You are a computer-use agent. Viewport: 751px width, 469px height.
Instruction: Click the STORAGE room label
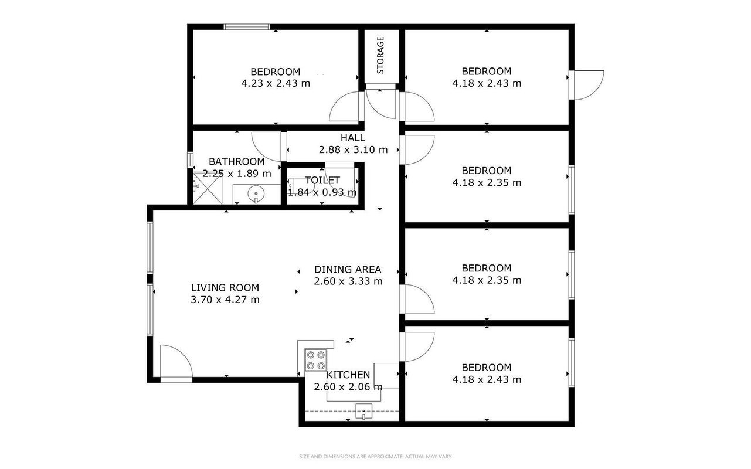[x=380, y=55]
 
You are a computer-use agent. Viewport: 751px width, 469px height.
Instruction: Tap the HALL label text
[x=353, y=138]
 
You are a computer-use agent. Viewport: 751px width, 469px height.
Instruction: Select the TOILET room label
[x=322, y=181]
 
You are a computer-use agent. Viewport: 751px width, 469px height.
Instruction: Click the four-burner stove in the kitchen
[x=315, y=360]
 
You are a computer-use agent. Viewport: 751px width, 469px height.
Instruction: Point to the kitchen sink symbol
[x=363, y=412]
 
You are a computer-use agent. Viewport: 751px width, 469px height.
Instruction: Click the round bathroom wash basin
[x=256, y=194]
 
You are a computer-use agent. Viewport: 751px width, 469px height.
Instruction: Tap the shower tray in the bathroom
[x=208, y=188]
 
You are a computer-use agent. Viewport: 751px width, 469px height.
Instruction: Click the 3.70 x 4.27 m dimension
[x=225, y=300]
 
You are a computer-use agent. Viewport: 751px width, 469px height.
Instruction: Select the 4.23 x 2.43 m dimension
[x=276, y=83]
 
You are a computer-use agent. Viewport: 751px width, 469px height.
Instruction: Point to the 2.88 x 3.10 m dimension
[x=353, y=149]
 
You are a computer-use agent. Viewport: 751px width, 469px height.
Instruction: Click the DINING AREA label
[x=348, y=269]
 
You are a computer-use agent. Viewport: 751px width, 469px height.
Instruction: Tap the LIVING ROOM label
[x=225, y=288]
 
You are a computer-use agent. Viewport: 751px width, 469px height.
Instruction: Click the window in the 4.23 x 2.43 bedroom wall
[x=247, y=27]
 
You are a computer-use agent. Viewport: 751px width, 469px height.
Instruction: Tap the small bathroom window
[x=190, y=159]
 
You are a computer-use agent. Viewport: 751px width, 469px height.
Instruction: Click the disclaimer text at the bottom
[x=375, y=456]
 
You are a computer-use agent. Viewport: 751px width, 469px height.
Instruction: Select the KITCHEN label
[x=348, y=375]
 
